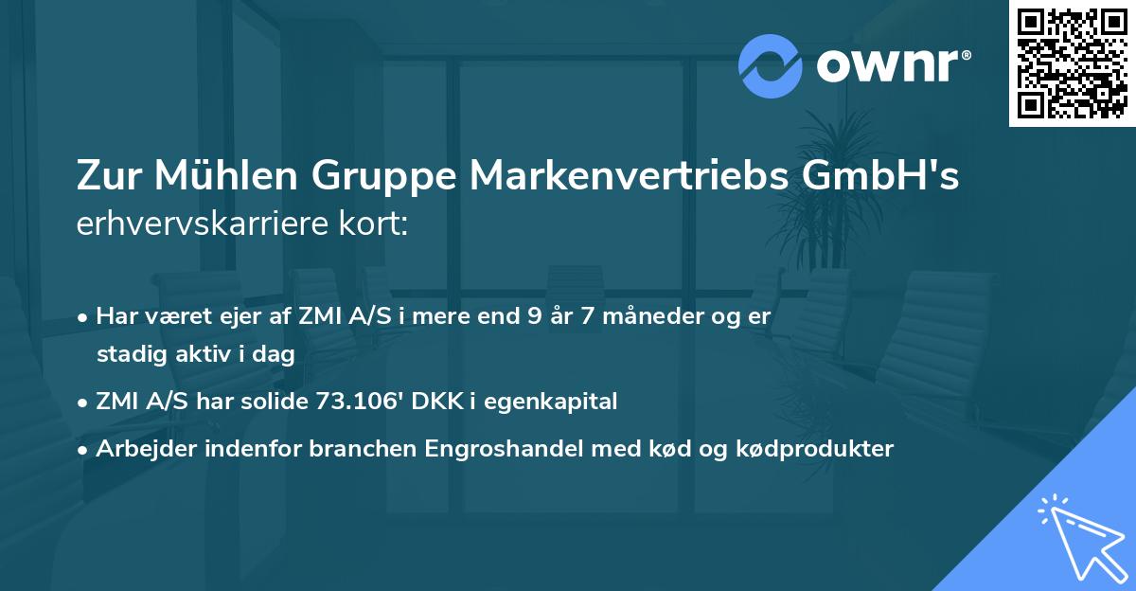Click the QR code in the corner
(1072, 63)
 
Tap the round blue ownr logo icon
(771, 66)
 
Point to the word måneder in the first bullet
(647, 315)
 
